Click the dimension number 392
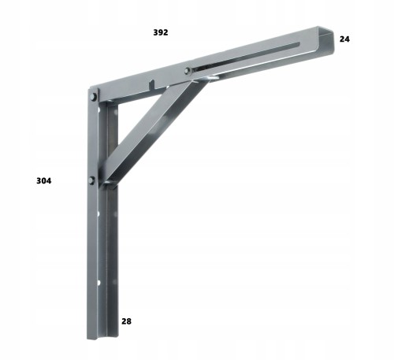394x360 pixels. pos(161,32)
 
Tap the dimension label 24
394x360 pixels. pos(344,39)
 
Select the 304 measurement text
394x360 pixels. pos(44,180)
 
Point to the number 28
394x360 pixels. pos(126,321)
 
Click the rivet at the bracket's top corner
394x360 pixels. pos(93,97)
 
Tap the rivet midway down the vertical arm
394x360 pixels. pos(91,180)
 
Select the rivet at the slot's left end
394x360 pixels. pos(187,70)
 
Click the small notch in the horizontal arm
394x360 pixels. pos(152,84)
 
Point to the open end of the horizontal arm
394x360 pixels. pos(325,41)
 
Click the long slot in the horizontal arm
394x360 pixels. pos(246,56)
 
